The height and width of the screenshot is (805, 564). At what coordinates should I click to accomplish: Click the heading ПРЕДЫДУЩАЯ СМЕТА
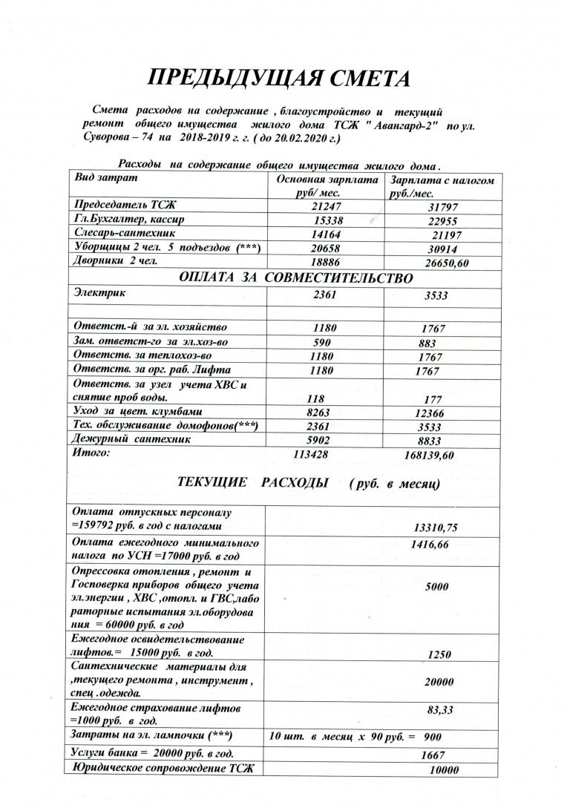coord(281,79)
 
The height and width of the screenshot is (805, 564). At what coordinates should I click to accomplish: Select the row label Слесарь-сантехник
coord(122,233)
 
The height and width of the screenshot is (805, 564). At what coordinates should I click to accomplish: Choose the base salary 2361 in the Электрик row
coord(327,295)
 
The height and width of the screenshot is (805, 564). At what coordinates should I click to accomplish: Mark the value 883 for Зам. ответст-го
coord(427,343)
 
